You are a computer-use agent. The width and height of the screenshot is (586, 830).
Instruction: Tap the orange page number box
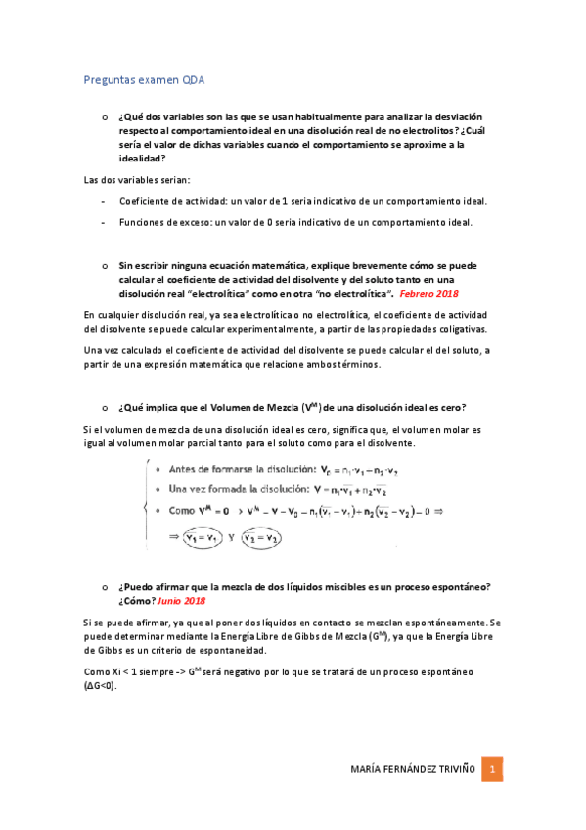tap(495, 769)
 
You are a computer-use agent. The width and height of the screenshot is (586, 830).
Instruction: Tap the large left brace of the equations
tap(145, 504)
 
